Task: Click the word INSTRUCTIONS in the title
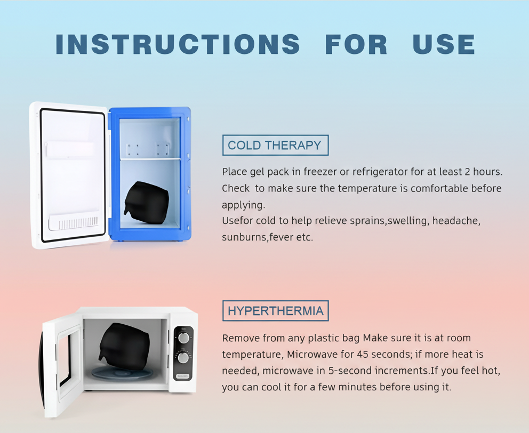(178, 44)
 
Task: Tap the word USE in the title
(444, 44)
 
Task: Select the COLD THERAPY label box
(275, 145)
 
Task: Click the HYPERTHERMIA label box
(275, 310)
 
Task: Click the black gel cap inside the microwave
(124, 346)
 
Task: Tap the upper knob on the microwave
(183, 338)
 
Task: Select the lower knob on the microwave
(183, 358)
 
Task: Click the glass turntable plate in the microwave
(122, 373)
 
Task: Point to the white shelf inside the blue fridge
(150, 158)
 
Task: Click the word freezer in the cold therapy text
(320, 172)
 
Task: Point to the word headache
(456, 221)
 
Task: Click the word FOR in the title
(356, 44)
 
